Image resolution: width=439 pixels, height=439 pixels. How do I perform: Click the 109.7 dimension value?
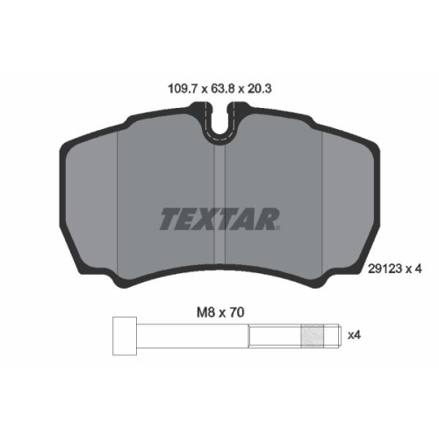(181, 88)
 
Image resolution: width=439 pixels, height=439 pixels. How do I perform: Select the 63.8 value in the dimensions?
(220, 88)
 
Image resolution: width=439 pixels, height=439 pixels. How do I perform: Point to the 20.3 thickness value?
(259, 88)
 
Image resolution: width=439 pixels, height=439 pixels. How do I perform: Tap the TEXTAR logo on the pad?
(219, 217)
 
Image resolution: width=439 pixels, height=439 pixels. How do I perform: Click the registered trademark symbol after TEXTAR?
(279, 229)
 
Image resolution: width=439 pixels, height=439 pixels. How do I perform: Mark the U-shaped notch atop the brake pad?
(219, 124)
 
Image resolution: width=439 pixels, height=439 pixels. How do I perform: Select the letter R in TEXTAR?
(267, 217)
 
